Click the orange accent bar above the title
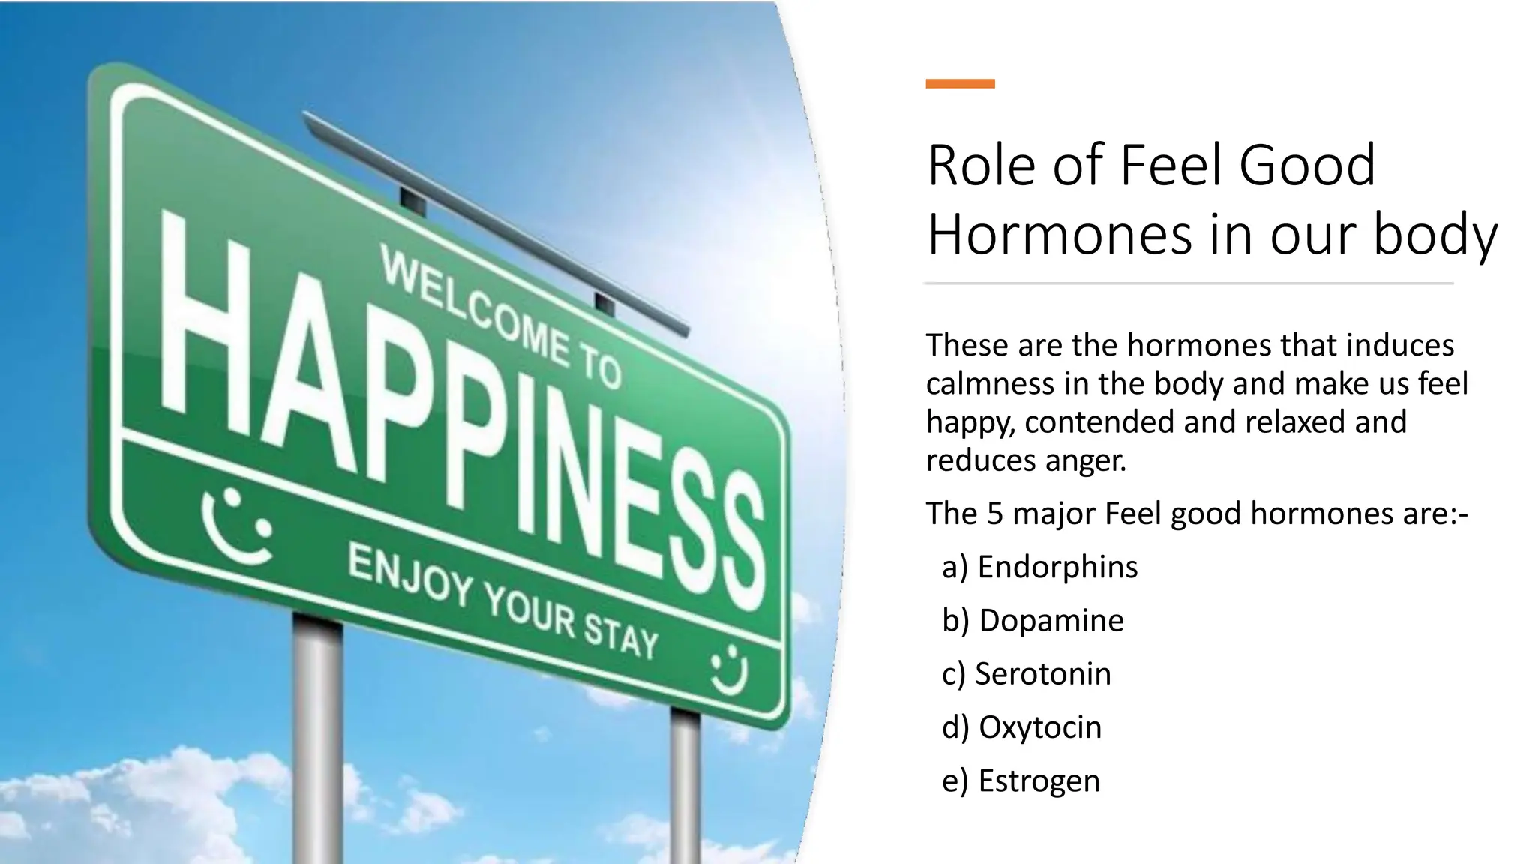click(960, 84)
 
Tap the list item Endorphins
click(1057, 567)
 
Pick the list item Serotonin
click(1042, 674)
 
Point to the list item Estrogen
click(1039, 781)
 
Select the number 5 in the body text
click(994, 514)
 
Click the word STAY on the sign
click(621, 635)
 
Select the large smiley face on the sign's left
click(237, 525)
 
